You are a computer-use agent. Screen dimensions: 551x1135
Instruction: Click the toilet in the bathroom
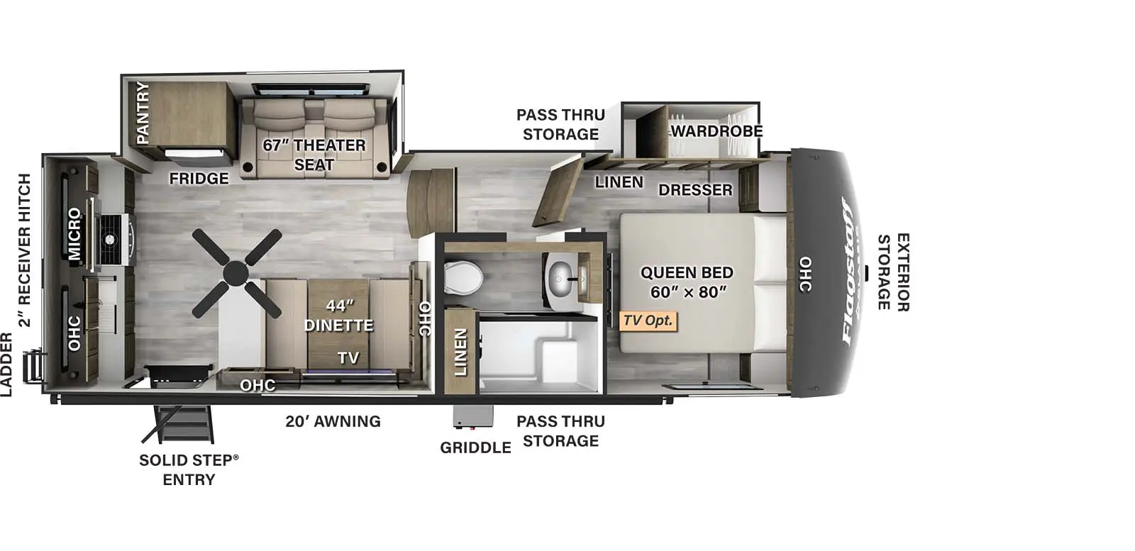click(464, 276)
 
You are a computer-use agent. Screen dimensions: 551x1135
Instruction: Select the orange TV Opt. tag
click(648, 321)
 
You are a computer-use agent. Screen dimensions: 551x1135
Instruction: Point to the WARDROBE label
click(716, 131)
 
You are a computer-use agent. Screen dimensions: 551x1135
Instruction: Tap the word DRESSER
click(694, 190)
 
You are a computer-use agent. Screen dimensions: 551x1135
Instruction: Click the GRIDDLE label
click(475, 447)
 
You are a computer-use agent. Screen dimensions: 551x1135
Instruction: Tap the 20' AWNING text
click(333, 421)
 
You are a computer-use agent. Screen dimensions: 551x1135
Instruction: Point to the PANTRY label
click(143, 112)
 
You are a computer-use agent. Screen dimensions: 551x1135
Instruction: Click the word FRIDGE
click(199, 179)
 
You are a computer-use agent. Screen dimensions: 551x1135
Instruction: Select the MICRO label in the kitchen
click(74, 234)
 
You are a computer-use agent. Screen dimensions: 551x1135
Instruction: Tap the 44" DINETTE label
click(339, 316)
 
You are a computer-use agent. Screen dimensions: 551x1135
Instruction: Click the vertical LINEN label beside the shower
click(460, 352)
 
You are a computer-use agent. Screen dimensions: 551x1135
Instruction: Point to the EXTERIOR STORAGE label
click(893, 272)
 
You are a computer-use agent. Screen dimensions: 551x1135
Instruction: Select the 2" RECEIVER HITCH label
click(25, 250)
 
